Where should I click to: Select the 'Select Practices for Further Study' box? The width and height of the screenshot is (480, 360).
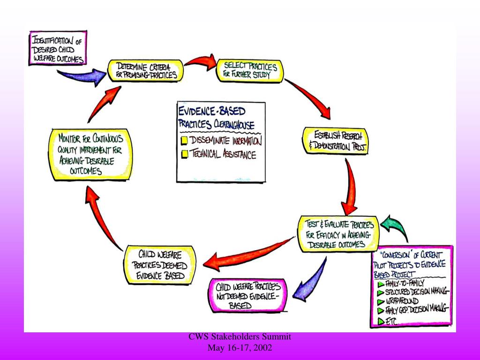point(249,70)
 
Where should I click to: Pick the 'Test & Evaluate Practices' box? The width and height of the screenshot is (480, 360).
point(337,233)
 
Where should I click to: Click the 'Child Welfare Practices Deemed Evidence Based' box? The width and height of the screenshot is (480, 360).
point(159,265)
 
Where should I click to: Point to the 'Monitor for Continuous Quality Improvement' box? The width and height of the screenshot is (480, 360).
point(91,155)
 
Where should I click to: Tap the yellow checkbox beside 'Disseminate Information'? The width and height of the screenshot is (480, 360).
point(185,141)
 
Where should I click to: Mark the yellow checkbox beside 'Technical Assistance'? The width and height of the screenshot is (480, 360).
point(185,154)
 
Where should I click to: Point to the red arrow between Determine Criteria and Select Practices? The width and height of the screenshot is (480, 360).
point(199,62)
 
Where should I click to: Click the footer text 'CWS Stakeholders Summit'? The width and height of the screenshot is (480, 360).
point(240,337)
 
